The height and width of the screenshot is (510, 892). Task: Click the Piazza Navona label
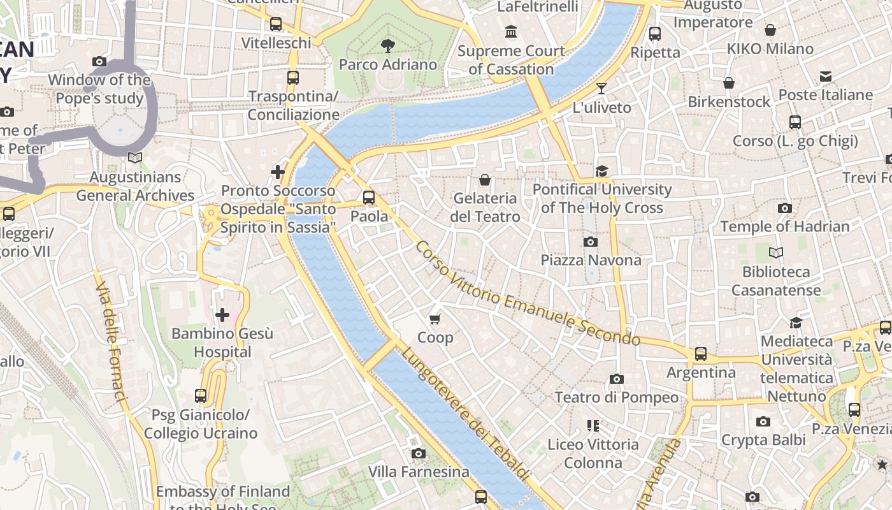coord(591,260)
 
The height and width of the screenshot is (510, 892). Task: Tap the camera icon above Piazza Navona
coord(591,242)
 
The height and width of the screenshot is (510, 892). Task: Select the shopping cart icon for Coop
coord(435,319)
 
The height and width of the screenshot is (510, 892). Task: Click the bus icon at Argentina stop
coord(701,353)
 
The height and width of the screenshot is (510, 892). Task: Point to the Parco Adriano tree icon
coord(387,45)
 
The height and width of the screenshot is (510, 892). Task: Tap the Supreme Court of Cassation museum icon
coord(511,31)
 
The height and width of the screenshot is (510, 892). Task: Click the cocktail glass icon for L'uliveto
coord(601,88)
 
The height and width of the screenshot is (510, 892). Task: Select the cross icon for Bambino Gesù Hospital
coord(222,314)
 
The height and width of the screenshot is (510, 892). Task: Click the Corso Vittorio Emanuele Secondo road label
coord(527,293)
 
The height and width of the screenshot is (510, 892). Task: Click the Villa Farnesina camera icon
coord(419,453)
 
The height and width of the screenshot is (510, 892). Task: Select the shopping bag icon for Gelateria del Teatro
coord(485,180)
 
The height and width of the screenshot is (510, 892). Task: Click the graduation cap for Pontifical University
coord(601,171)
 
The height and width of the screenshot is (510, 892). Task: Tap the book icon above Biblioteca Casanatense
coord(775,253)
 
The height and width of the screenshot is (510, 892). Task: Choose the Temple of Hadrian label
coord(784,226)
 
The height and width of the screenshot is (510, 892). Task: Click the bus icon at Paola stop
coord(369,198)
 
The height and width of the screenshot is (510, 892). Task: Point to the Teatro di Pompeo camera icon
coord(616,379)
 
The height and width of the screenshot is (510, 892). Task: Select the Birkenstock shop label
coord(729,101)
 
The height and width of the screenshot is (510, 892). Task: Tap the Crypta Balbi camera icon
coord(763,421)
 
